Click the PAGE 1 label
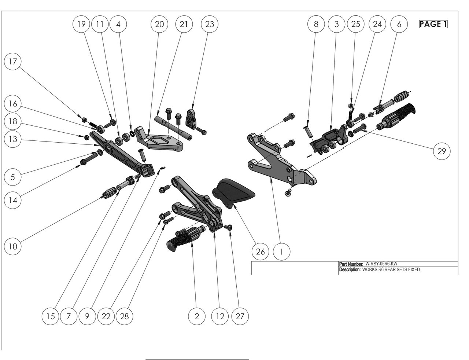click(x=433, y=24)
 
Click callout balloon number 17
click(x=13, y=61)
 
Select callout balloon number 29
click(x=442, y=151)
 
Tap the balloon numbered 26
click(x=260, y=251)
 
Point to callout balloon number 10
click(x=13, y=246)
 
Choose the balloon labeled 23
click(x=210, y=24)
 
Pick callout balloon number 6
click(x=399, y=24)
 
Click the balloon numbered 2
click(x=197, y=316)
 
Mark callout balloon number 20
click(x=159, y=24)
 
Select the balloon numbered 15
click(x=51, y=316)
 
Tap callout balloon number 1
click(x=281, y=251)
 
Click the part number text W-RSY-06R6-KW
click(x=381, y=264)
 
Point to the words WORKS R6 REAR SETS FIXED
click(x=391, y=269)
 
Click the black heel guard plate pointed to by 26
click(x=233, y=191)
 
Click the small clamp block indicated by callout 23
click(x=192, y=117)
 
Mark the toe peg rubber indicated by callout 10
click(x=107, y=193)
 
